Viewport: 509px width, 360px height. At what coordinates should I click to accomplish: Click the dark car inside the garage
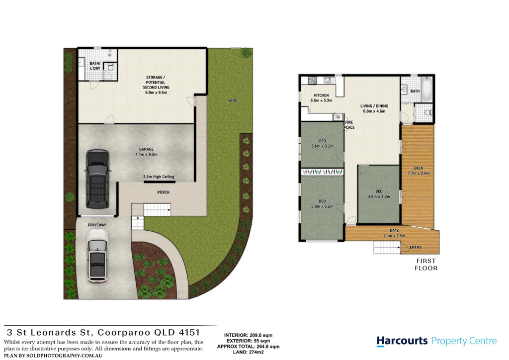coord(97,179)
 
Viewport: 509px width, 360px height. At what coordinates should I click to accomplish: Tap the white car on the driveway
coord(97,257)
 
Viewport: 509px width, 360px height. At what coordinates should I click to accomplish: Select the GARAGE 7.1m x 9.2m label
coord(147,152)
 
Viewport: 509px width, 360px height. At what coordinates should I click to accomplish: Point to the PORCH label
coord(163,192)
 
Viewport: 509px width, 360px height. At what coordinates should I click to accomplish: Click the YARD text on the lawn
coord(233,100)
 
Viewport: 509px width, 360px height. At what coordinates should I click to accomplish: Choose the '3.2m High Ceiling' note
coord(159,177)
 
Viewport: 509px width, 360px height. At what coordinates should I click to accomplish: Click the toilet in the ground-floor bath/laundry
coord(110,68)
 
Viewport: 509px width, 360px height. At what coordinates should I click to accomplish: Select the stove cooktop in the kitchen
coord(312,81)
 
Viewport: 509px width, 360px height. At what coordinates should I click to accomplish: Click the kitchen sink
coord(327,80)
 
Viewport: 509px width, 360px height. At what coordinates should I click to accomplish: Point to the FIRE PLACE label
coord(349,125)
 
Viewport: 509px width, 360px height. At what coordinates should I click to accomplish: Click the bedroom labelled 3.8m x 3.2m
coord(378,194)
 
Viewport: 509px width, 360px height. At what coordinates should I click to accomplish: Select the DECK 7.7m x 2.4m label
coord(419,171)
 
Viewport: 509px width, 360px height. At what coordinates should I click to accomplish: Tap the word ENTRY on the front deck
coord(416,247)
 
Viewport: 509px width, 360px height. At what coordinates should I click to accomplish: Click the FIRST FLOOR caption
coord(426,265)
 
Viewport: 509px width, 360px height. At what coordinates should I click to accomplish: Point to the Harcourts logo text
coord(402,341)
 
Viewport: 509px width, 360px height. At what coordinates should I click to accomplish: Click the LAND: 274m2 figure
coord(249,352)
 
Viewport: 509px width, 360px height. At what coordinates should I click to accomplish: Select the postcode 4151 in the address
coord(189,333)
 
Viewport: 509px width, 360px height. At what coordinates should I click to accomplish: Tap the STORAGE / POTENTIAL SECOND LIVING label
coord(156,85)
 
